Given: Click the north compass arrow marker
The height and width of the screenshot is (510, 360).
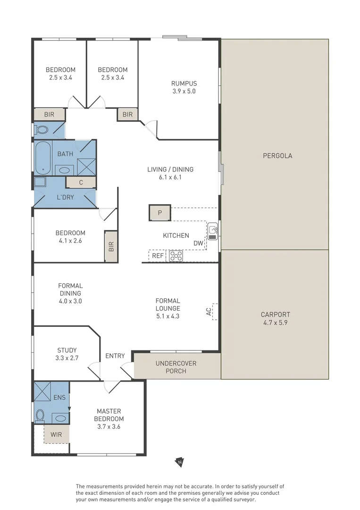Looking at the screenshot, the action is tap(179, 462).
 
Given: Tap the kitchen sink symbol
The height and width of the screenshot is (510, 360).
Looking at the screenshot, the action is tap(212, 231).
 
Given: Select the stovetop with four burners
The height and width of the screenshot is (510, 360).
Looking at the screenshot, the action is tap(176, 255).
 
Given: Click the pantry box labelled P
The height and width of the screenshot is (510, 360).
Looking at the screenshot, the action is tap(160, 212).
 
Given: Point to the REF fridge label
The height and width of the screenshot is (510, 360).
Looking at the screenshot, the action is tap(158, 256).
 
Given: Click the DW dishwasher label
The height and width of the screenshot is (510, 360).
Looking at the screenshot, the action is tap(198, 243).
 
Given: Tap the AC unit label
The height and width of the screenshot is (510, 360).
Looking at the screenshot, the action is tap(209, 312).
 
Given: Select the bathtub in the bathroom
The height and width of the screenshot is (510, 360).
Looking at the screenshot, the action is tap(43, 158).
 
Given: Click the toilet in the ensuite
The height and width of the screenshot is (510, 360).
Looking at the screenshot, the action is tap(40, 416).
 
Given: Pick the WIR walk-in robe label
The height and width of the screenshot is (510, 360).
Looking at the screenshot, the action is tap(56, 434).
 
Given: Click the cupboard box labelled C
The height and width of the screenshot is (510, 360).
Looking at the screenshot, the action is tap(81, 182).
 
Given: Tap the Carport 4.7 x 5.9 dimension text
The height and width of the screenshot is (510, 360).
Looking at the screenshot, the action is tap(275, 323).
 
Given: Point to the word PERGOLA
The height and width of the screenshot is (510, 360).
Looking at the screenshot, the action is tap(277, 156).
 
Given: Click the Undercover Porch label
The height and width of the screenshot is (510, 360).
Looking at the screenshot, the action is tap(176, 367).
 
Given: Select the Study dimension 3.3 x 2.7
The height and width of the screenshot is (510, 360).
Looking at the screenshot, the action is tap(67, 358).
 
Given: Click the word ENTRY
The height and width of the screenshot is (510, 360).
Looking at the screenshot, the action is tap(115, 356).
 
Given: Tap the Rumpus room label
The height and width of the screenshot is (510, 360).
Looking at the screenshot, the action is tap(184, 84).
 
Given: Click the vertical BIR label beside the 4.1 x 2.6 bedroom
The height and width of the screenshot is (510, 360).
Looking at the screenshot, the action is tap(111, 246).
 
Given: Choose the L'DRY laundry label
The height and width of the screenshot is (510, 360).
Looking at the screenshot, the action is tap(65, 197).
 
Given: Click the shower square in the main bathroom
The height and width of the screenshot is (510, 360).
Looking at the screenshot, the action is tap(86, 167).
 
